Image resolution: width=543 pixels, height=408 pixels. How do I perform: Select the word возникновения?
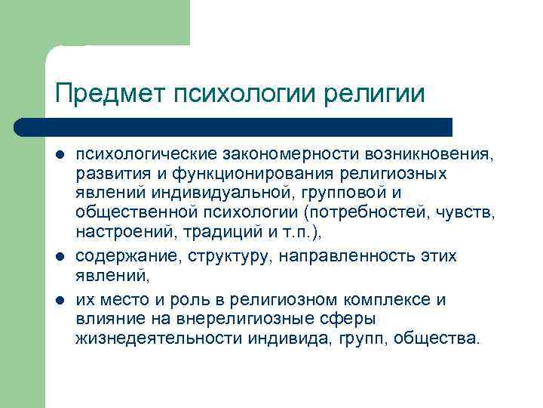pyautogui.click(x=428, y=154)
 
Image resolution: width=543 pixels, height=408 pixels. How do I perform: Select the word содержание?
pyautogui.click(x=122, y=256)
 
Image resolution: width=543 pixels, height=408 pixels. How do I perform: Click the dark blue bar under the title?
pyautogui.click(x=234, y=127)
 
